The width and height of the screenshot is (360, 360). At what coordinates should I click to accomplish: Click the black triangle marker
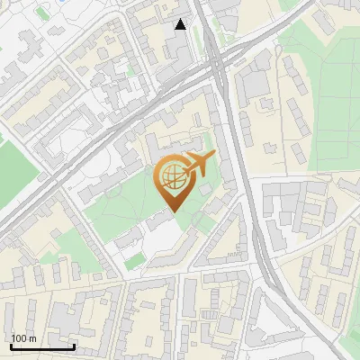181,24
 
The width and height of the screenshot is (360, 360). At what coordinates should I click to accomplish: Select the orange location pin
173,182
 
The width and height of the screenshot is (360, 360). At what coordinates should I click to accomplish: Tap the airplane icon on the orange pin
199,163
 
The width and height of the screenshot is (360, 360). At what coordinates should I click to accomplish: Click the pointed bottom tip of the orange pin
173,211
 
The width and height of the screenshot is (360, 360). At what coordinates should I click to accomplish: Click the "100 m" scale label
23,338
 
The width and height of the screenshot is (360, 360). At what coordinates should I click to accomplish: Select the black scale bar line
42,346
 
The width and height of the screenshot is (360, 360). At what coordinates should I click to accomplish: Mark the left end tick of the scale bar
11,345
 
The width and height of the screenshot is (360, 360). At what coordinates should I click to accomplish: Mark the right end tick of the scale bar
74,345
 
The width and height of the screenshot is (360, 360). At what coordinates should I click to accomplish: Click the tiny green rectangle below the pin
135,261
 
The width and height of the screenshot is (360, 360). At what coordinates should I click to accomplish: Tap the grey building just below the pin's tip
162,221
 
